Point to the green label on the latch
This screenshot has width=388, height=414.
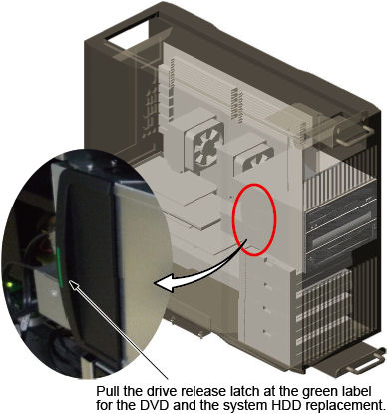(60, 267)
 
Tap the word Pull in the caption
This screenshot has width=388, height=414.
(106, 391)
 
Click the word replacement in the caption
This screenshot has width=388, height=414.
(345, 406)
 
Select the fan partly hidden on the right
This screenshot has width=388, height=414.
(255, 160)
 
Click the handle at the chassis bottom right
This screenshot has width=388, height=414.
(365, 361)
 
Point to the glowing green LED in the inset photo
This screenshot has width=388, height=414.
(10, 284)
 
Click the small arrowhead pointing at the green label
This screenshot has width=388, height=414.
(73, 284)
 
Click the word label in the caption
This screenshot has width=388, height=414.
(356, 391)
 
